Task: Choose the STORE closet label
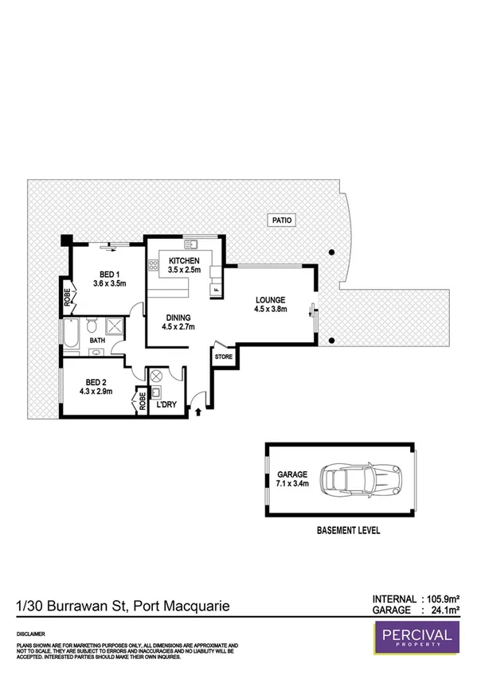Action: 224,357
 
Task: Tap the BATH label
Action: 97,341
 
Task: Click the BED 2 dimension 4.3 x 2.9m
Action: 96,392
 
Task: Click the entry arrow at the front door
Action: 197,410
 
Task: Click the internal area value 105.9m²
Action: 446,599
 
